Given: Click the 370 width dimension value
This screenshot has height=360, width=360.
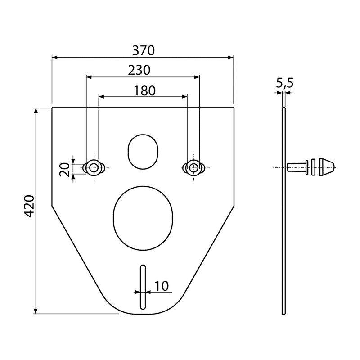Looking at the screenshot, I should (x=143, y=51).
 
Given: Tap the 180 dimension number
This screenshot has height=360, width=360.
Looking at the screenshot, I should (x=144, y=90).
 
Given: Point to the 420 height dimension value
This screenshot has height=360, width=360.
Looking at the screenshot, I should (x=29, y=207).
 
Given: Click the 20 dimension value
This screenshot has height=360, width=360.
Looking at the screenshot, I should (x=65, y=169).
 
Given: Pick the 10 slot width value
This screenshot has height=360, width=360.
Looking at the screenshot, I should (x=161, y=286).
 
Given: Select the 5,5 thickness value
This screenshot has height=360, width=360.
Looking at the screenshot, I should (x=284, y=83).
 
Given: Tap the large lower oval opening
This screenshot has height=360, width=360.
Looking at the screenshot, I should (x=143, y=217).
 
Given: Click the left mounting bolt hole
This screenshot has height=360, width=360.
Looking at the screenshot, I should (x=94, y=167).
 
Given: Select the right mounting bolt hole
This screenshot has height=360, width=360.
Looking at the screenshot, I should (x=193, y=167).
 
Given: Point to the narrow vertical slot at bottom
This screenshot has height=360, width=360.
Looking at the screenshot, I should (x=143, y=287).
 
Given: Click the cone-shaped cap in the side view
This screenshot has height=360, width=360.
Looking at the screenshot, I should (x=327, y=166).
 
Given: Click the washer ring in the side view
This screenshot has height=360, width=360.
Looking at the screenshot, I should (x=313, y=167).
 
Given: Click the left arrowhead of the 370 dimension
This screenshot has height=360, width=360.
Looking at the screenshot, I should (x=54, y=57).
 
